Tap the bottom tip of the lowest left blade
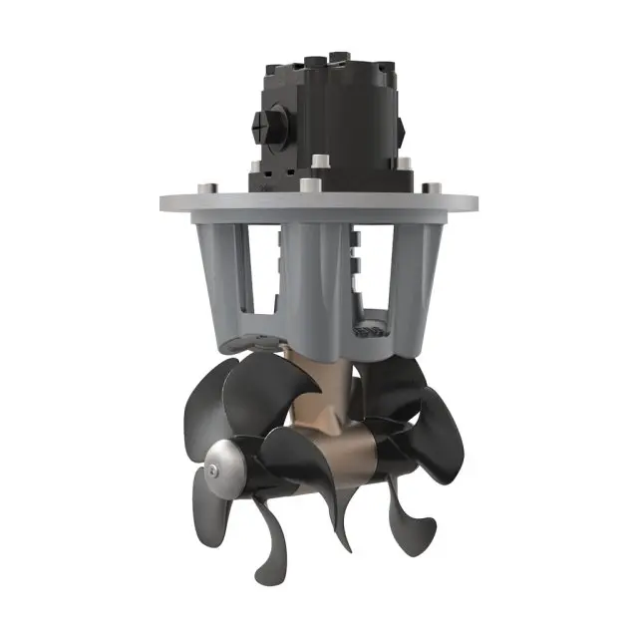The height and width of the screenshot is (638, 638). pos(262,576)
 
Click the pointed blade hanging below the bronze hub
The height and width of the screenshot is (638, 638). pos(344,518)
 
